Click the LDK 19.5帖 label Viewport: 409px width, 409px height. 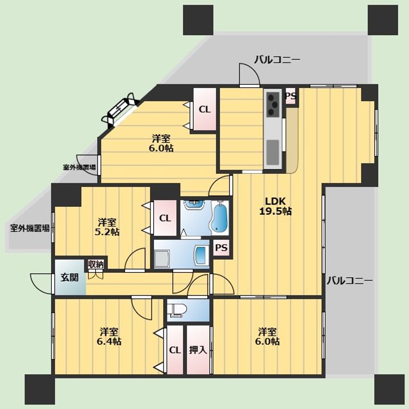(x=276, y=206)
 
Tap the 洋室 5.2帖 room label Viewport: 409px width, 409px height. (x=107, y=227)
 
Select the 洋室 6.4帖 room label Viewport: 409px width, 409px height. (x=109, y=336)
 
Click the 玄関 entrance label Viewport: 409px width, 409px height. (x=70, y=277)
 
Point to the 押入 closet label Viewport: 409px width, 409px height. (x=198, y=350)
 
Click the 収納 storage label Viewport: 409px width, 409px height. (x=96, y=264)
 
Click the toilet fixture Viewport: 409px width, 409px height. (x=177, y=310)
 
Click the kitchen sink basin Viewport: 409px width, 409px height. (x=273, y=152)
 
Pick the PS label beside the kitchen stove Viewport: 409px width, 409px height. (x=291, y=96)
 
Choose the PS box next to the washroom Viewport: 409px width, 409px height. (x=221, y=248)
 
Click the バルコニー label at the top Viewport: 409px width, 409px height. (x=277, y=60)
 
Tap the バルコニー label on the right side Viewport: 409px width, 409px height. (x=350, y=281)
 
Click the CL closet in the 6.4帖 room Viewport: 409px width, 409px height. (x=175, y=350)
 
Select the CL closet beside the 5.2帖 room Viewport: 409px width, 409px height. (x=165, y=218)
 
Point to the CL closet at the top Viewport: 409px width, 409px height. (x=204, y=109)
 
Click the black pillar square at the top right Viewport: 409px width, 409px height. (x=383, y=20)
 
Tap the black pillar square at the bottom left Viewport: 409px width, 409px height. (x=40, y=390)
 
